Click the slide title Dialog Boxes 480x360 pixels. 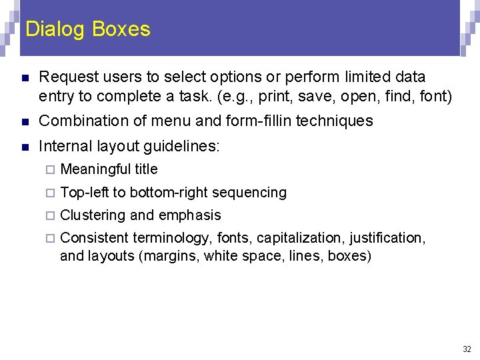tap(87, 29)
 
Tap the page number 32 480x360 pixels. tap(466, 349)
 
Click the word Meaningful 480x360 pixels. tap(96, 169)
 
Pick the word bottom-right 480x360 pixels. tap(169, 193)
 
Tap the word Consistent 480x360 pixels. tap(94, 238)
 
